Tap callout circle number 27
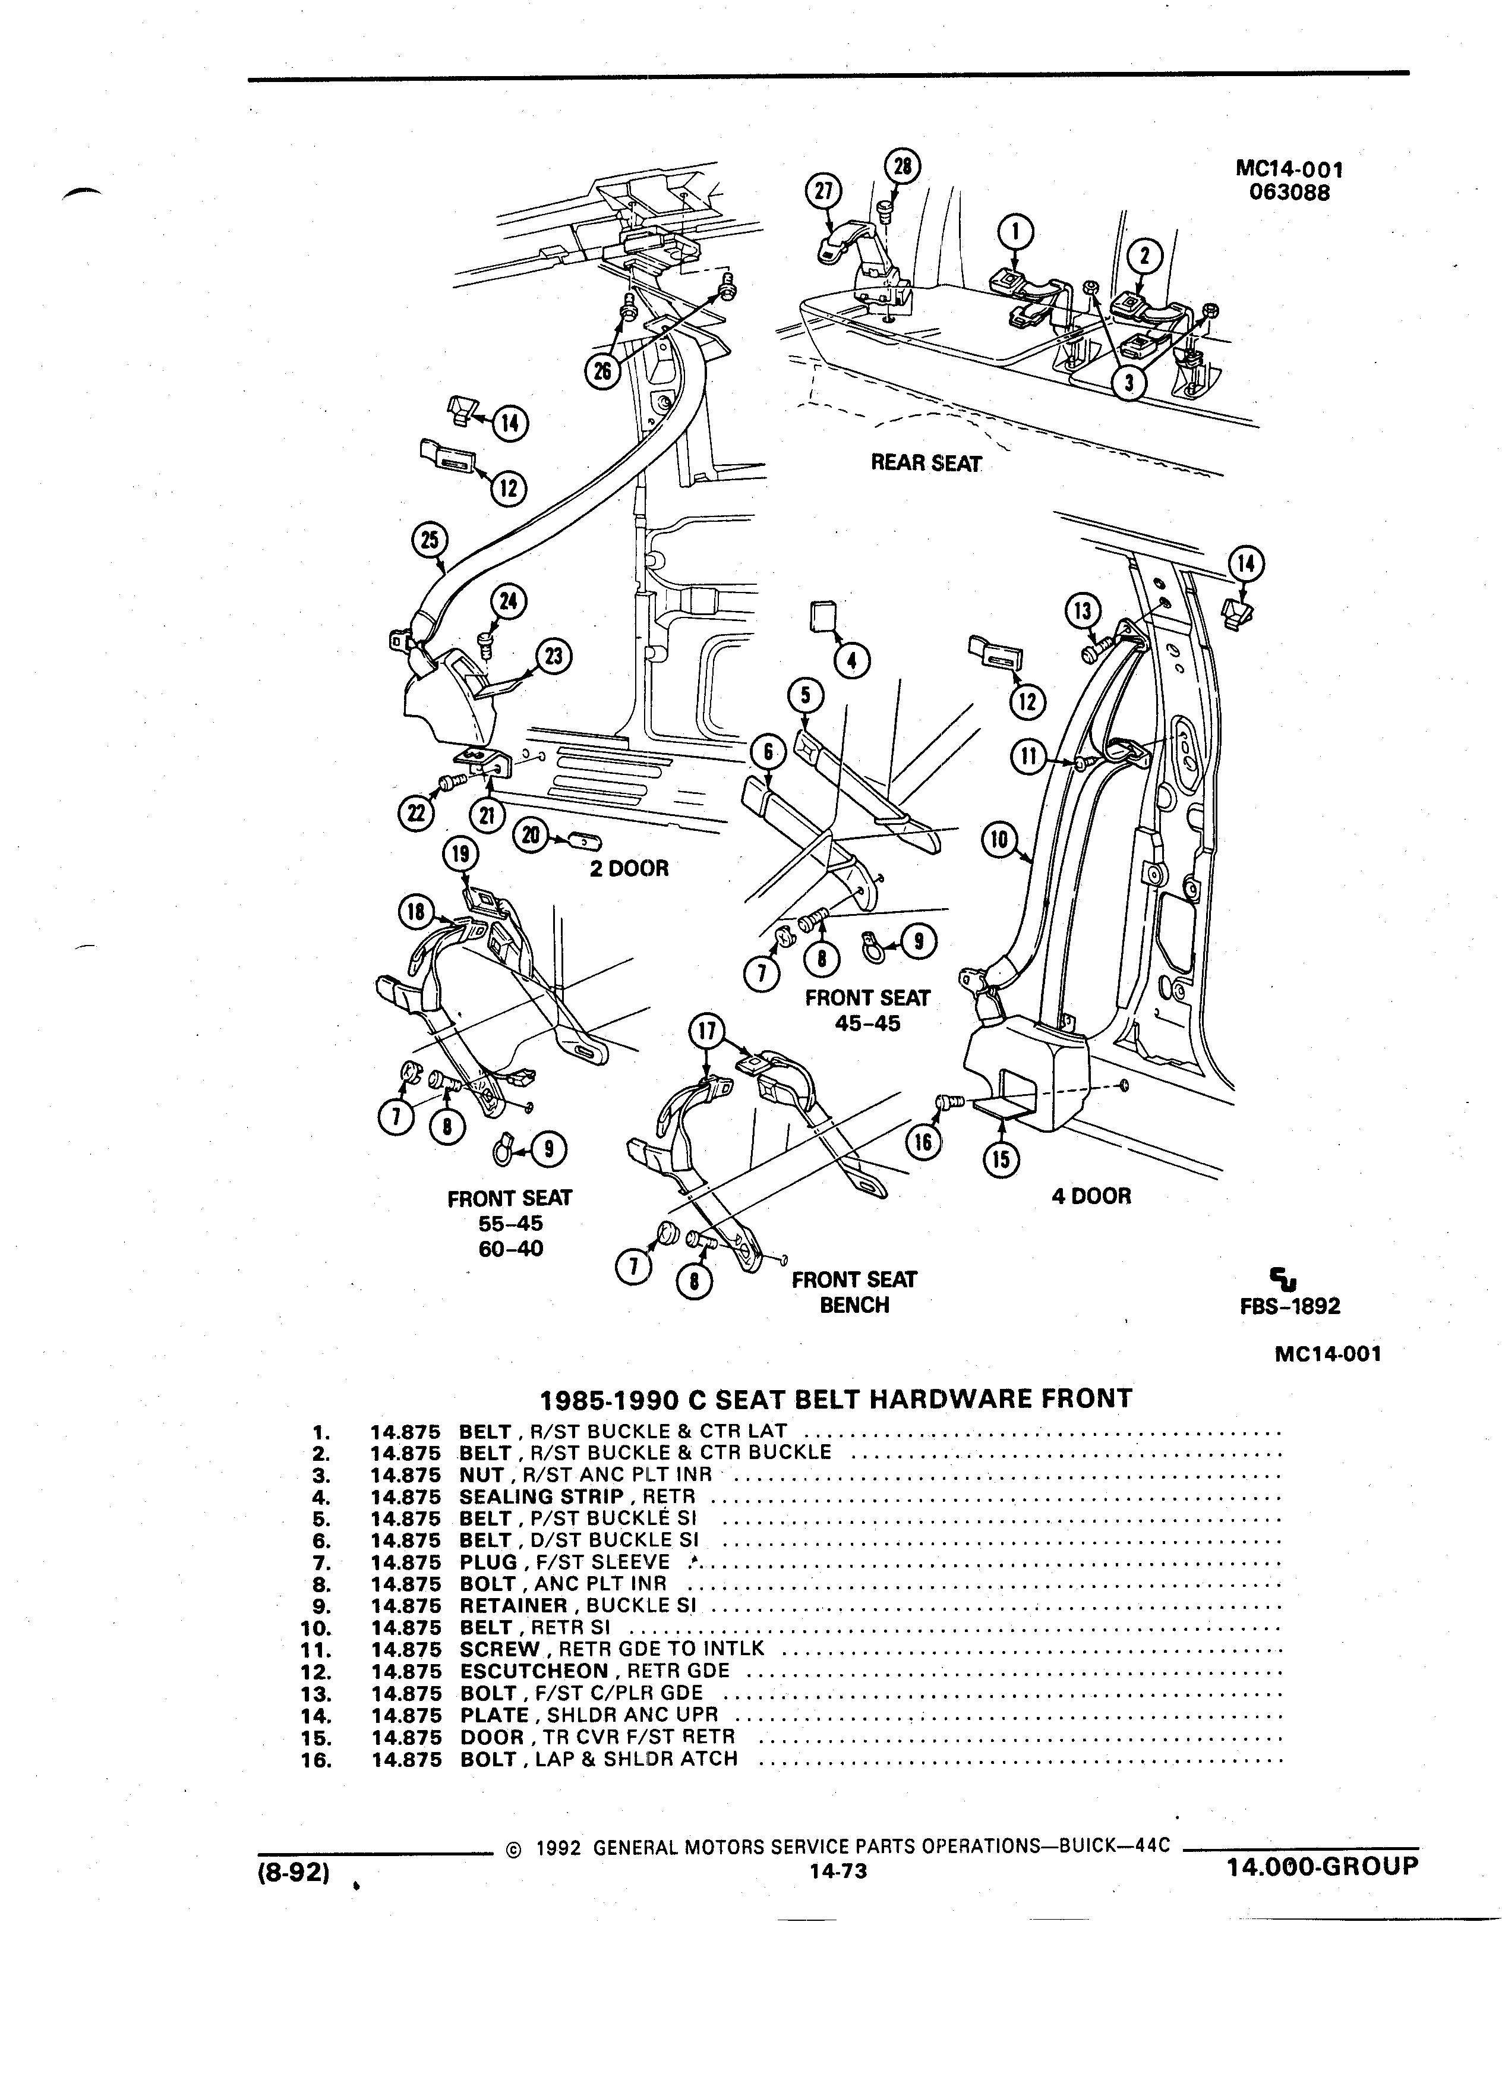[823, 191]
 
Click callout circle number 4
[851, 660]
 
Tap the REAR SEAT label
[926, 463]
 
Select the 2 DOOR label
[629, 868]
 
